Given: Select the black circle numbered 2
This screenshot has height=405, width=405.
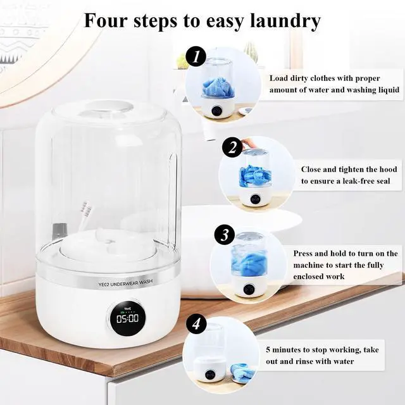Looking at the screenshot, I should [232, 148].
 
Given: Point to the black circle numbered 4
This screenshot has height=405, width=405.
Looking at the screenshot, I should [197, 325].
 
